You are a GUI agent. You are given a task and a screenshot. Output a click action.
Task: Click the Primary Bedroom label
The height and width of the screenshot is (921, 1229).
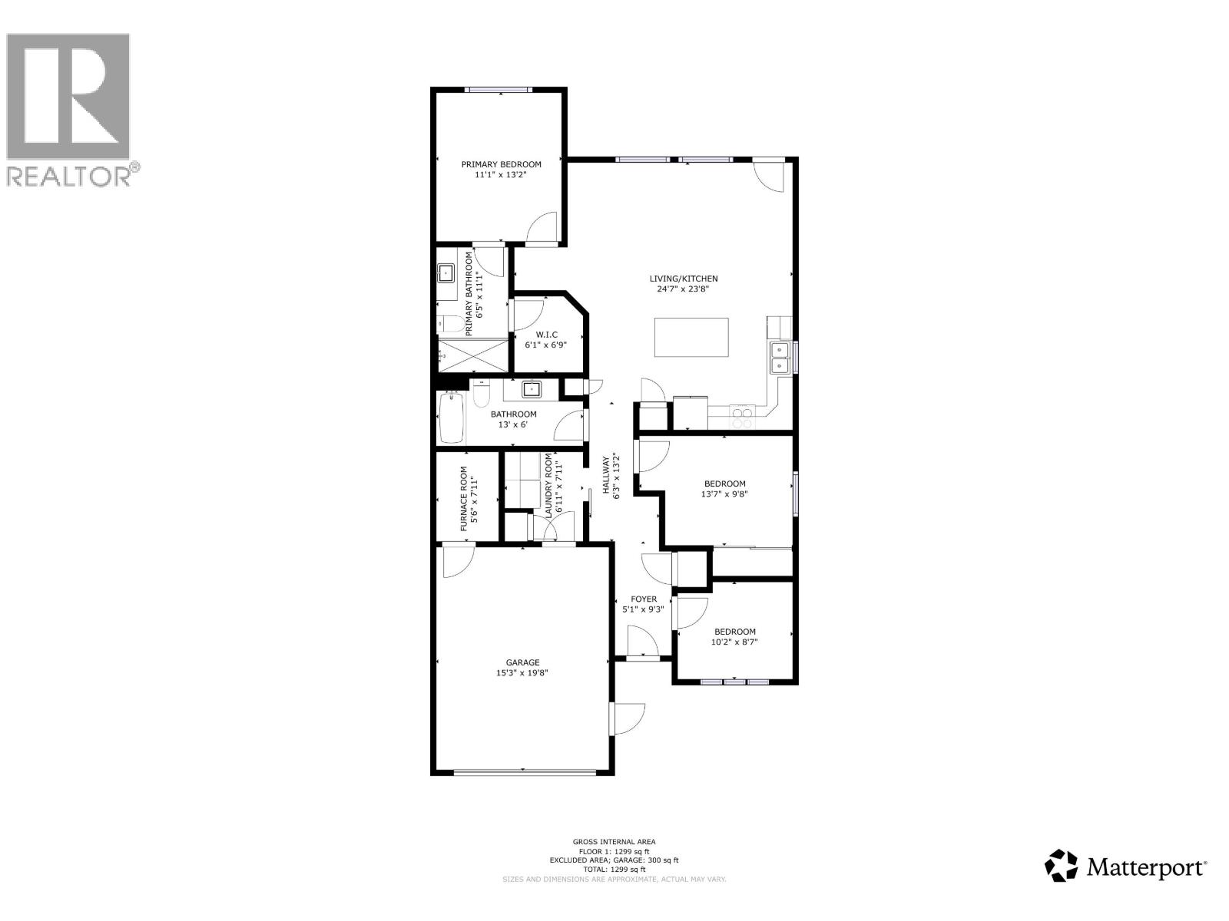tap(501, 164)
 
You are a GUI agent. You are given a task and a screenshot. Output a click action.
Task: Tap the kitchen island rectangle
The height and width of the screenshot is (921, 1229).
tap(691, 337)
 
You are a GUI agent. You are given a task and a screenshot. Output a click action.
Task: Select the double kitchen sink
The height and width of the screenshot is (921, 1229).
tap(780, 358)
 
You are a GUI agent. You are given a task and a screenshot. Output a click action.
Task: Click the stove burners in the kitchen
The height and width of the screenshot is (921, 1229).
tap(742, 417)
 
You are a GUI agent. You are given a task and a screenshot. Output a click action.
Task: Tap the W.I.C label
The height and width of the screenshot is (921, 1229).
tap(546, 335)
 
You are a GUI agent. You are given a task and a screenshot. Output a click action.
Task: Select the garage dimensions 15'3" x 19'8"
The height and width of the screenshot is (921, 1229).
tap(522, 673)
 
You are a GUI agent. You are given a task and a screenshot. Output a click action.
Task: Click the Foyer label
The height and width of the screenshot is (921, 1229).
tap(644, 599)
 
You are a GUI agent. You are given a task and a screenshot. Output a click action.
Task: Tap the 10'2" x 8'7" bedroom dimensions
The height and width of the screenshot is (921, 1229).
tap(734, 642)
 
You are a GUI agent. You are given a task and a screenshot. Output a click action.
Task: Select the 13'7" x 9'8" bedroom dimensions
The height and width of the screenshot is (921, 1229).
tap(724, 494)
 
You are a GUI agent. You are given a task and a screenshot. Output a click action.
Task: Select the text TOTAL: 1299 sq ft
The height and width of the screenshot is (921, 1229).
tap(614, 870)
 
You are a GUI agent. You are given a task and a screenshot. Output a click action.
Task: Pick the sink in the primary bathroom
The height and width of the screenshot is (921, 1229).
tap(446, 272)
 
